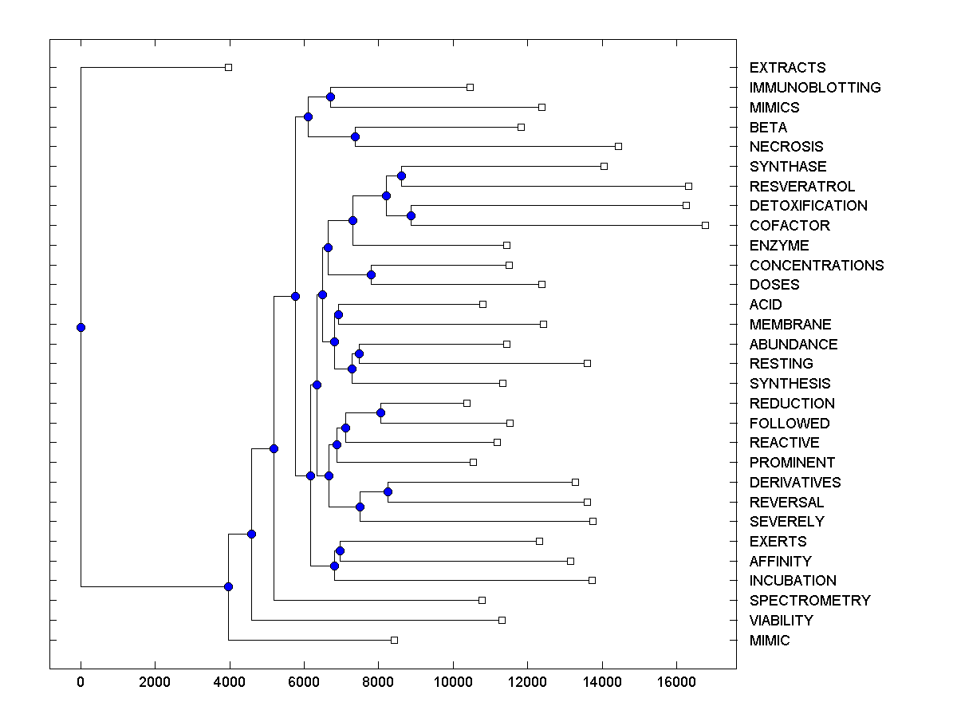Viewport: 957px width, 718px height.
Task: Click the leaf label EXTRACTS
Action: pyautogui.click(x=787, y=68)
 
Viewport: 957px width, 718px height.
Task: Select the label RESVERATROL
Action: pyautogui.click(x=801, y=187)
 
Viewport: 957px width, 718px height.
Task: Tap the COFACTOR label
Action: pyautogui.click(x=790, y=226)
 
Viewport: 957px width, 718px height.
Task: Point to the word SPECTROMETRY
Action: pyautogui.click(x=809, y=601)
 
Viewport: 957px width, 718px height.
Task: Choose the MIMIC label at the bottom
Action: pyautogui.click(x=770, y=641)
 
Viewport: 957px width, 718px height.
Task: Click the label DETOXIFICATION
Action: pyautogui.click(x=808, y=206)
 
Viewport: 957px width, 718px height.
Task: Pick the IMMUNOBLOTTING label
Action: pyautogui.click(x=815, y=88)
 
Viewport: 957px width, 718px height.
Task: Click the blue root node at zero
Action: pyautogui.click(x=81, y=327)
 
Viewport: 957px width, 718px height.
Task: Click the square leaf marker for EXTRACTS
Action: pyautogui.click(x=228, y=67)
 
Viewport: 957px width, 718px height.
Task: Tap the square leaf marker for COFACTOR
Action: pyautogui.click(x=705, y=225)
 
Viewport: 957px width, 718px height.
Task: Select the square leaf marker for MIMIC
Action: pyautogui.click(x=394, y=640)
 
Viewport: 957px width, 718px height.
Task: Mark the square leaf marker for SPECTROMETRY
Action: pyautogui.click(x=482, y=600)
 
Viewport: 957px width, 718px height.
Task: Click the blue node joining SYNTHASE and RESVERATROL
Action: pyautogui.click(x=402, y=176)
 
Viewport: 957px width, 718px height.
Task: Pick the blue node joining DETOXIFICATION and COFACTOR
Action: pyautogui.click(x=412, y=215)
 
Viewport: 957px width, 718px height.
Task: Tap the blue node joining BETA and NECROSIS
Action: pyautogui.click(x=355, y=136)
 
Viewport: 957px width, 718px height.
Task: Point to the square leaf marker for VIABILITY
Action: pyautogui.click(x=502, y=620)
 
